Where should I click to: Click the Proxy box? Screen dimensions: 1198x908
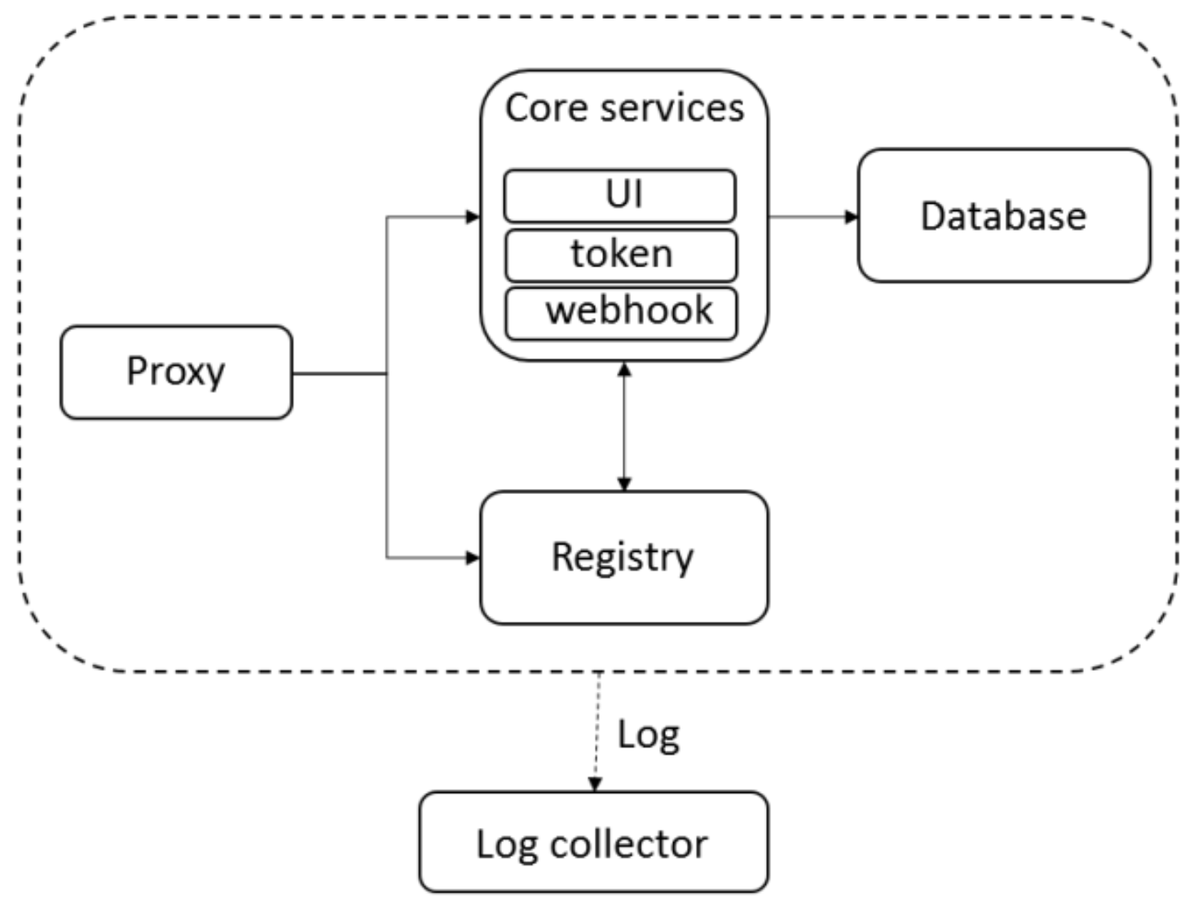(x=176, y=372)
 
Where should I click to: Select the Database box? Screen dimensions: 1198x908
(x=1004, y=215)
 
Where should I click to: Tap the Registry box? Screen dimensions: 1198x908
(x=623, y=558)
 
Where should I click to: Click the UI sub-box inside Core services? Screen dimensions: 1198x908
(x=620, y=196)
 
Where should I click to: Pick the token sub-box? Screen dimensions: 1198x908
(x=621, y=255)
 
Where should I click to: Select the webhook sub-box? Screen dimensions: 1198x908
(x=621, y=314)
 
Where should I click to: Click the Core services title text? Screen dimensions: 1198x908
(x=624, y=108)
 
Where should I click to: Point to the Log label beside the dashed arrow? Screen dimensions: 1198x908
(x=649, y=735)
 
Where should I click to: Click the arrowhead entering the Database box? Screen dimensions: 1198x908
(x=852, y=217)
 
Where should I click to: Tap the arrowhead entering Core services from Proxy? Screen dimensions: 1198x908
(x=473, y=217)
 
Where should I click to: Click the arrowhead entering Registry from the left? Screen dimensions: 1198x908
(x=473, y=558)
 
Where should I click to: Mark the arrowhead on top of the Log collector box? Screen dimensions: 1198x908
(x=595, y=785)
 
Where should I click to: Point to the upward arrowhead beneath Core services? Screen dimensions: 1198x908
(x=624, y=369)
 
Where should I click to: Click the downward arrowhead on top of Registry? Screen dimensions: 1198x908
(x=624, y=484)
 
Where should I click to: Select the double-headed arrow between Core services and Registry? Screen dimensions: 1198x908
(x=624, y=426)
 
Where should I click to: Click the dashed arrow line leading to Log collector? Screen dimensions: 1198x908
(x=597, y=732)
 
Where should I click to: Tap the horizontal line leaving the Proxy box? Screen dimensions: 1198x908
(x=340, y=374)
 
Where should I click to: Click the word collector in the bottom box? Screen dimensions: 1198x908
(x=628, y=844)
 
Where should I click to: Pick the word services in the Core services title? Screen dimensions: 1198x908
(x=672, y=108)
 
